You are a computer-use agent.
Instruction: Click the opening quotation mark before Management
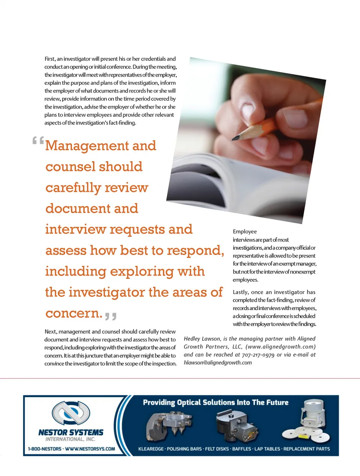coord(38,141)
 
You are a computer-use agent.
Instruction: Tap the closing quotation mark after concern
coord(111,316)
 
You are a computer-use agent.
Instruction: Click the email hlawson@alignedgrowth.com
coord(217,363)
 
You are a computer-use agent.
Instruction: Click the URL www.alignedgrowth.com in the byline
coord(280,347)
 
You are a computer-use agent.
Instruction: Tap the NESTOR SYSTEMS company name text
coord(71,433)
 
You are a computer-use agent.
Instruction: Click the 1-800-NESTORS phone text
coord(44,449)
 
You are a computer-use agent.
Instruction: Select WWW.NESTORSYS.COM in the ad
coord(90,449)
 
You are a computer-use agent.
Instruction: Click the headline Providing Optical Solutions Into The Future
coord(216,403)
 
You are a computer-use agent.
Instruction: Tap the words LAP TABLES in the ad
coord(267,449)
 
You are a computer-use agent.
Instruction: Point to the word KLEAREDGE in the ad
coord(151,449)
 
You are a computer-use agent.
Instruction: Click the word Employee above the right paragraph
coord(244,232)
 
